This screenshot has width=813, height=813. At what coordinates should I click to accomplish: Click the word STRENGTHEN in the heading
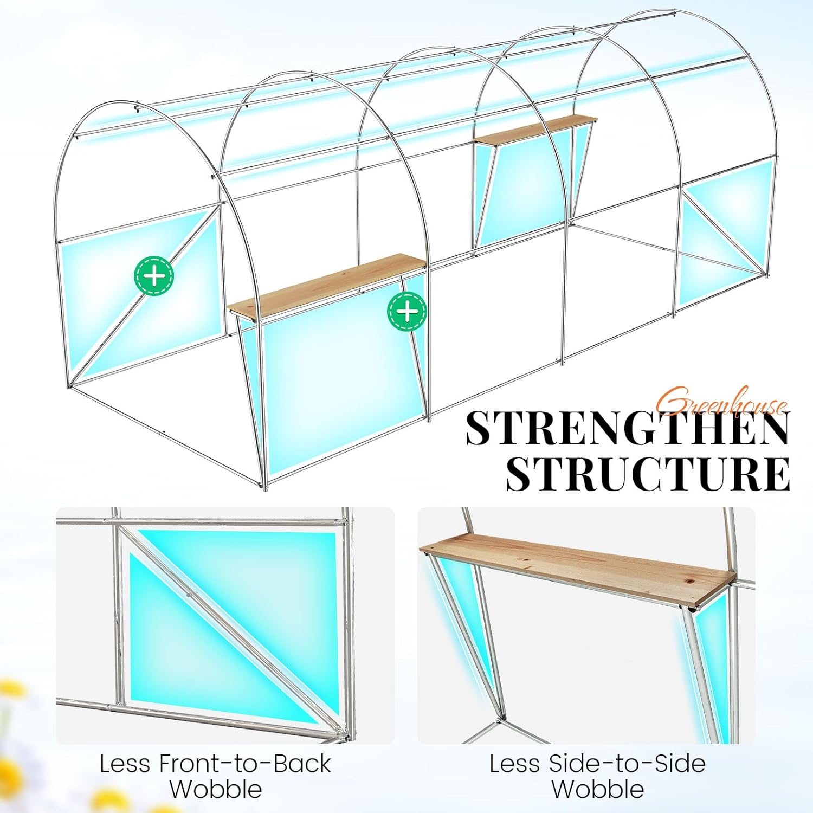628,428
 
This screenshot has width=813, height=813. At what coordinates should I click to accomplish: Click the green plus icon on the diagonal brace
154,276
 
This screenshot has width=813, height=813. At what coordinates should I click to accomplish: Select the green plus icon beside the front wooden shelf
407,311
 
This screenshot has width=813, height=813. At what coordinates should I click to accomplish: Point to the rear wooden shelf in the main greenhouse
532,129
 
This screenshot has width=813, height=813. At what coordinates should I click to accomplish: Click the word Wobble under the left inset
216,789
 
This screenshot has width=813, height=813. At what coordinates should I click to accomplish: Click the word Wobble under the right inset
598,789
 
